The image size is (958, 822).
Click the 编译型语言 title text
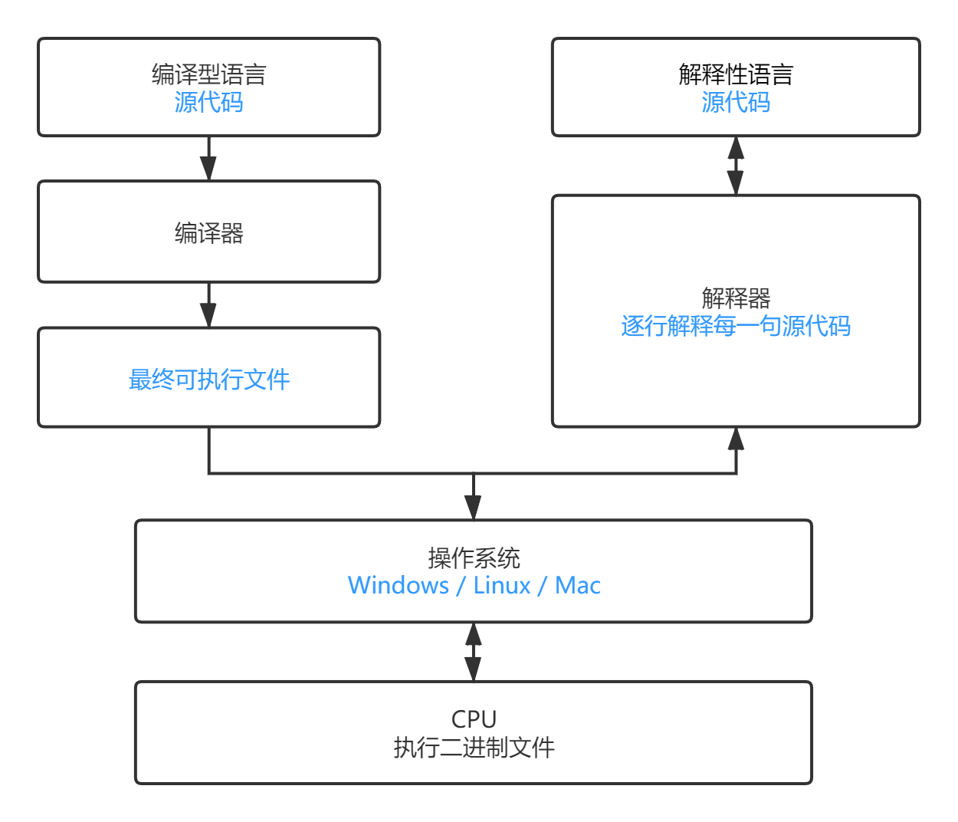208,74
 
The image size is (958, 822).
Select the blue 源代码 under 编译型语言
208,102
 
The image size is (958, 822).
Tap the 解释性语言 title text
736,74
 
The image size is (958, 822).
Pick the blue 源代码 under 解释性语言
736,102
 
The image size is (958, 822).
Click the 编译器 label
208,232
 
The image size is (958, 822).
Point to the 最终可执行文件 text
208,379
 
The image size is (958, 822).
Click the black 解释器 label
736,298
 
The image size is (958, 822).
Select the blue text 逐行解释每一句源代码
736,326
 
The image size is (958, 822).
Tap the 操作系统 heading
474,557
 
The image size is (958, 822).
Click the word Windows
399,585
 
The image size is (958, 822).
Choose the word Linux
502,585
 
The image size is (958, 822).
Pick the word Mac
578,585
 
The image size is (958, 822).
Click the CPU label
474,719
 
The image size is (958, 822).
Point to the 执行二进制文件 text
474,747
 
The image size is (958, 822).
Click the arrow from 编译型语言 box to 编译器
208,159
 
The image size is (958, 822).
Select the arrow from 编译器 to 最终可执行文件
208,305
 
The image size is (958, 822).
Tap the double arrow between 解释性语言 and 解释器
736,166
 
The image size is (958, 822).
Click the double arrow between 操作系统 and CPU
474,652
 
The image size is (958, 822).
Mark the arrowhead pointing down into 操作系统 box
474,508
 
